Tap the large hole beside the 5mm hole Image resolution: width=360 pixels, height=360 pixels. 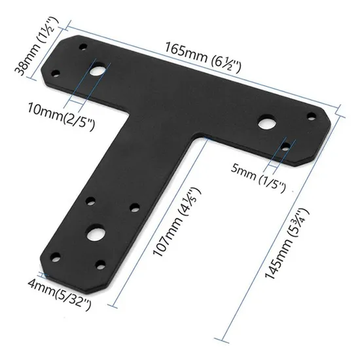click(x=264, y=122)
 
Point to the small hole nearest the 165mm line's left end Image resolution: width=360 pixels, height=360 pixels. click(x=82, y=47)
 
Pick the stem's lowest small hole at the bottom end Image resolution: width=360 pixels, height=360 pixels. click(x=101, y=265)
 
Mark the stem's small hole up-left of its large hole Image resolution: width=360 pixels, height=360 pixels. click(x=90, y=201)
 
